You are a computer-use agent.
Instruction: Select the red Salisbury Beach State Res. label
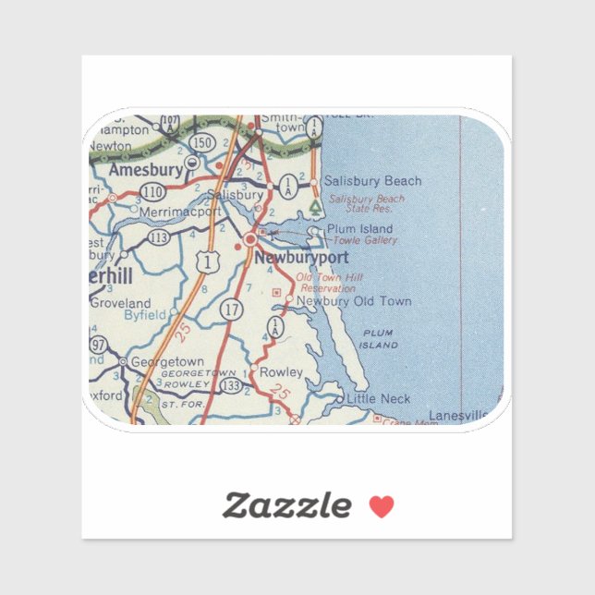click(367, 204)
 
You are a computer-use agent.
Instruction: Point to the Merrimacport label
click(180, 212)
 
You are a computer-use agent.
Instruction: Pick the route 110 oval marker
click(152, 191)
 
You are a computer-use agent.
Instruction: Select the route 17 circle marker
click(231, 312)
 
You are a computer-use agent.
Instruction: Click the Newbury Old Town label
click(354, 301)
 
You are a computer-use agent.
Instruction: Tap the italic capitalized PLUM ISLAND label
click(380, 338)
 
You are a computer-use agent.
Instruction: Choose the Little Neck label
click(377, 399)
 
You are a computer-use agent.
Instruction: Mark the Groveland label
click(120, 303)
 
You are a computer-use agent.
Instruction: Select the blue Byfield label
click(144, 315)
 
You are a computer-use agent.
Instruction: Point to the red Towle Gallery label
click(366, 240)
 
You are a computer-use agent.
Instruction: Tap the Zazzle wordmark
click(286, 505)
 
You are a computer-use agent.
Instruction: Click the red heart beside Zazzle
click(382, 506)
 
